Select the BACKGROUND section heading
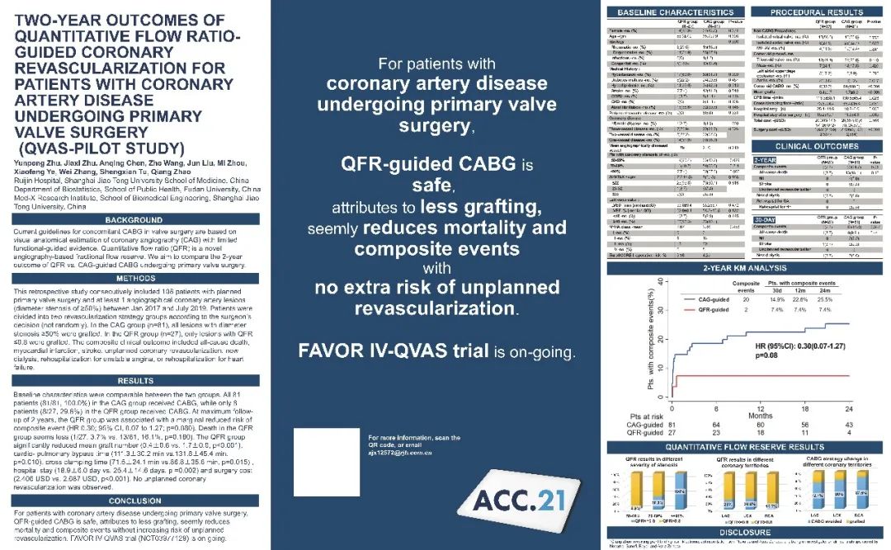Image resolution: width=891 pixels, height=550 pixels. click(134, 220)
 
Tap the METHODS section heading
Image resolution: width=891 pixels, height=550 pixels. click(134, 278)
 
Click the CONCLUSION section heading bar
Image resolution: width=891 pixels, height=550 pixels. click(134, 500)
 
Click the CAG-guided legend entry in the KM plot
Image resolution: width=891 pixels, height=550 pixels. click(711, 299)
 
